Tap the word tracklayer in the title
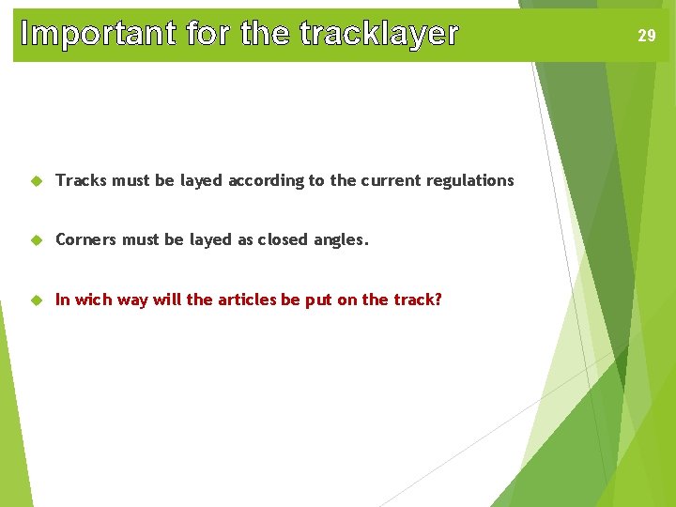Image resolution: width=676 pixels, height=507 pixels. click(x=379, y=34)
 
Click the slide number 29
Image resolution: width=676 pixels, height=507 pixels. click(x=647, y=37)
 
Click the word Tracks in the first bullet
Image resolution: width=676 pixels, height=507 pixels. click(x=81, y=180)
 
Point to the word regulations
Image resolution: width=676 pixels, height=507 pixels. click(x=470, y=180)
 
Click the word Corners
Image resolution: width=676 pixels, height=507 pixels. click(x=85, y=239)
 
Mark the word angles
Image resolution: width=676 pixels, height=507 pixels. click(x=341, y=240)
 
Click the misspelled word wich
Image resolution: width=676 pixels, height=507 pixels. click(x=93, y=300)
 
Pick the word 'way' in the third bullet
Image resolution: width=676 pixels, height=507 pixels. click(x=132, y=300)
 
